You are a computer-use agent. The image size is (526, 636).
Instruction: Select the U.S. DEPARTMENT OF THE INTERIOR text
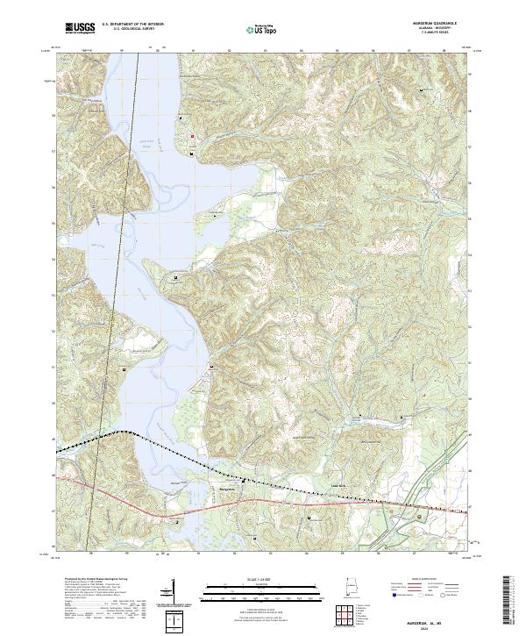pos(132,25)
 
